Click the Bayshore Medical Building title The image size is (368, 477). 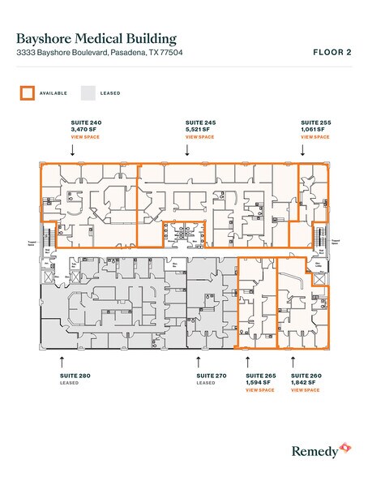click(x=96, y=37)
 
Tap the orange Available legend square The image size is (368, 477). click(x=27, y=93)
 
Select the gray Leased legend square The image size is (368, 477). click(x=88, y=93)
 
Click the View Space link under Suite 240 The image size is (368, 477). click(x=86, y=137)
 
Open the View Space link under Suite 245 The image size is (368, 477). click(x=200, y=137)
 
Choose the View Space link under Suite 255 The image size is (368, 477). click(x=314, y=137)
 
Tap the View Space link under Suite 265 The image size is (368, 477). click(x=260, y=390)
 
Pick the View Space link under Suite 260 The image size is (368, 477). click(x=306, y=390)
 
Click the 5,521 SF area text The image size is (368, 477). click(x=198, y=130)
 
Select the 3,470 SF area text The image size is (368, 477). click(x=84, y=130)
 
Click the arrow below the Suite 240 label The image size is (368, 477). click(x=73, y=150)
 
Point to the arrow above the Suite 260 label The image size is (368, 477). click(x=293, y=359)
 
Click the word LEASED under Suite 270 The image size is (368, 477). click(x=206, y=383)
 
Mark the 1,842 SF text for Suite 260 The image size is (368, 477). click(x=303, y=383)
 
